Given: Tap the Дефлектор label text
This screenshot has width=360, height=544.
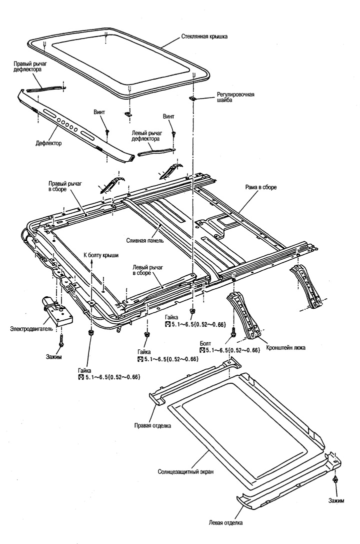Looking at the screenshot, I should click(x=48, y=143).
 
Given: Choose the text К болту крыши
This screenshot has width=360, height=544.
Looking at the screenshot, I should click(x=100, y=255).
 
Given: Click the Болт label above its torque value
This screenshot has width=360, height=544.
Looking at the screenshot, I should click(x=205, y=344).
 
